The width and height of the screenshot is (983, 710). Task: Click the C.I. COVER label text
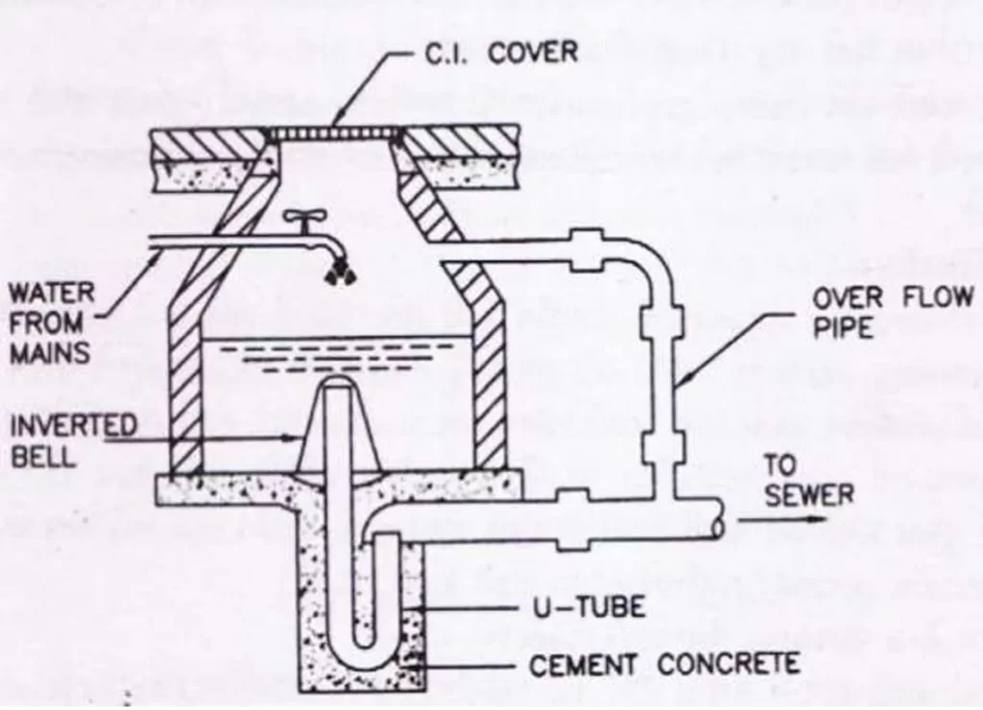(x=501, y=52)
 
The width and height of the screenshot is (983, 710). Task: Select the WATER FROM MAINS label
(x=47, y=320)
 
